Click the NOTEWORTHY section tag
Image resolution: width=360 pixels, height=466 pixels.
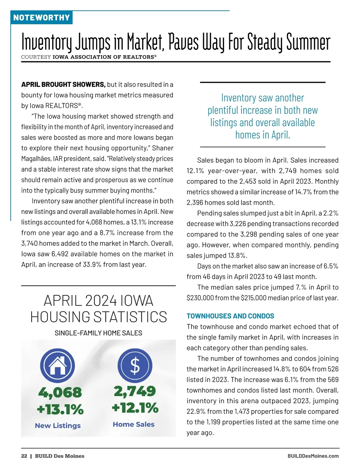point(41,17)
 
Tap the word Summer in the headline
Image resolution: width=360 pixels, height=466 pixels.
point(308,42)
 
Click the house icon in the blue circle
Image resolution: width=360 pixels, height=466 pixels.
point(58,365)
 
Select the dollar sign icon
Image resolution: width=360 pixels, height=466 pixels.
point(135,365)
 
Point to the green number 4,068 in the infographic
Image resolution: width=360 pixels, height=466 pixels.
point(60,392)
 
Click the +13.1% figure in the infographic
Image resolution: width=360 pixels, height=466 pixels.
point(60,409)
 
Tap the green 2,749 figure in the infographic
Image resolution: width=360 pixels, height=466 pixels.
point(135,391)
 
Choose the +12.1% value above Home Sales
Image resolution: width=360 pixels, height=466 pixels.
point(135,408)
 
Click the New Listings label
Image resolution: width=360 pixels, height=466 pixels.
point(58,425)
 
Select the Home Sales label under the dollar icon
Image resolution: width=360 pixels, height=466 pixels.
point(134,424)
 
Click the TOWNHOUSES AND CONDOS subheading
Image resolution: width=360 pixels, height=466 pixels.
point(230,316)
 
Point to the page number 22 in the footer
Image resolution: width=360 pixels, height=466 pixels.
point(24,456)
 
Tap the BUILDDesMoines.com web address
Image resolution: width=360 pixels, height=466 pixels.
point(313,456)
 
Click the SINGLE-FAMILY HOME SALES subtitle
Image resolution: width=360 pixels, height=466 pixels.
point(98,333)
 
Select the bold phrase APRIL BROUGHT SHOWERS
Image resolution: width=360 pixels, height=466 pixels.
point(63,85)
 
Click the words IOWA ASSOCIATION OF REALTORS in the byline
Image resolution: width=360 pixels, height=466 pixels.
point(104,57)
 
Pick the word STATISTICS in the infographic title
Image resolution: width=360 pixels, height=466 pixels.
point(130,317)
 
